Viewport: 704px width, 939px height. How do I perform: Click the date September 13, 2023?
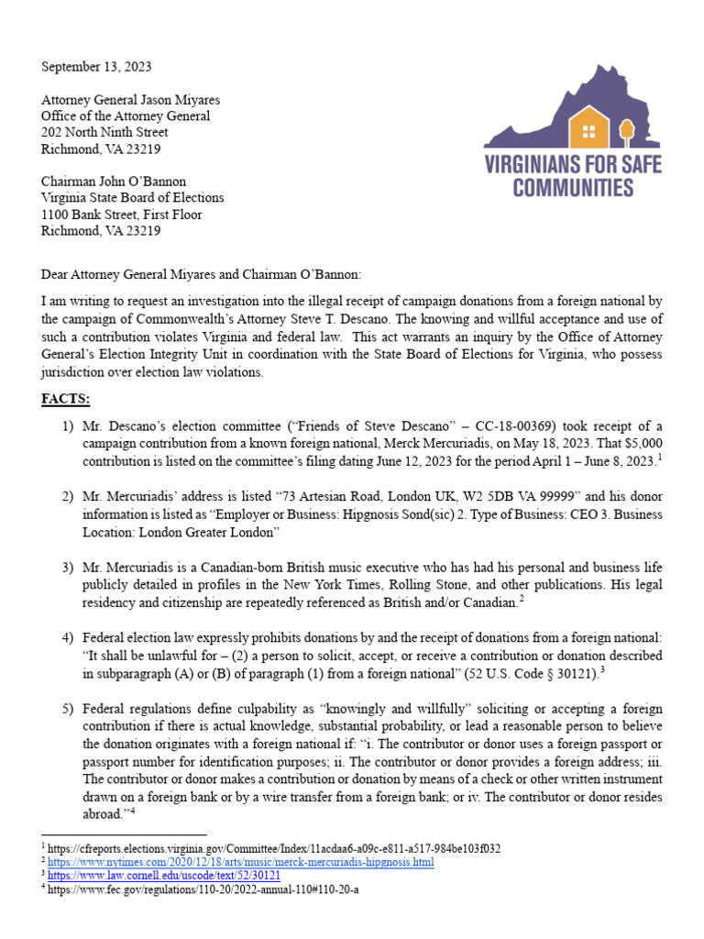96,67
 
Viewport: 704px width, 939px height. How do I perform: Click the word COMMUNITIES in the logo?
573,188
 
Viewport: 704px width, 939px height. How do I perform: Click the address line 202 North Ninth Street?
104,133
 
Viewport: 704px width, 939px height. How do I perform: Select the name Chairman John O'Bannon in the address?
114,182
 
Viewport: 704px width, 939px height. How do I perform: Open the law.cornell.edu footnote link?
170,876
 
